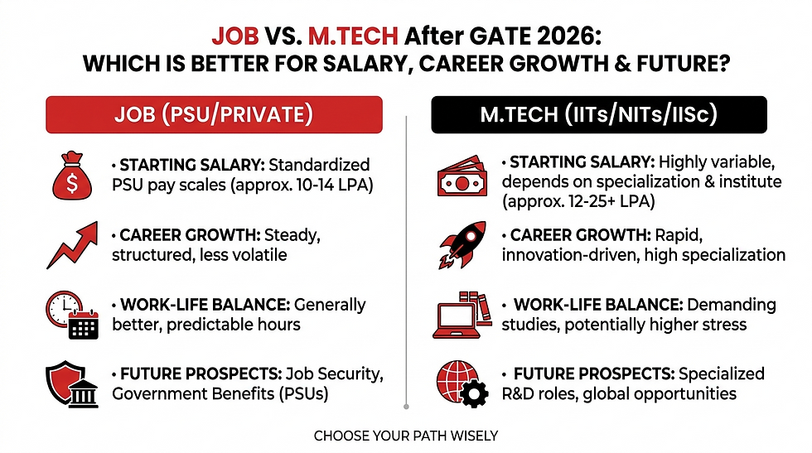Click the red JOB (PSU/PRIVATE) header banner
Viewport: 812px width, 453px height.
click(214, 114)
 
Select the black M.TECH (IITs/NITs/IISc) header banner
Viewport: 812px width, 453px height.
click(598, 114)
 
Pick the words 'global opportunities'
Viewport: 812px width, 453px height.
click(663, 393)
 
